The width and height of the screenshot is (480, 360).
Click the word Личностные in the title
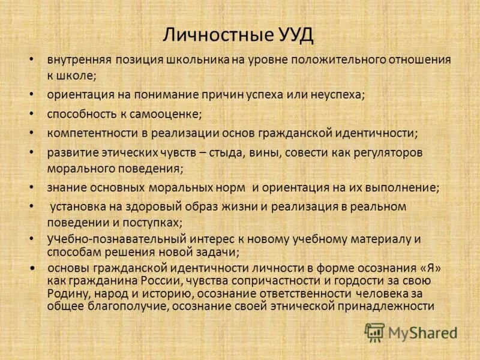click(x=205, y=34)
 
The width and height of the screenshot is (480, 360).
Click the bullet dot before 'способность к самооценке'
click(x=31, y=113)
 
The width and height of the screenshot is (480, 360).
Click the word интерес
click(x=196, y=239)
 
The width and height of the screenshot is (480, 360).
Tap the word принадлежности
click(x=388, y=306)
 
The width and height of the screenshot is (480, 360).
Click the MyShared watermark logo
click(x=411, y=332)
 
